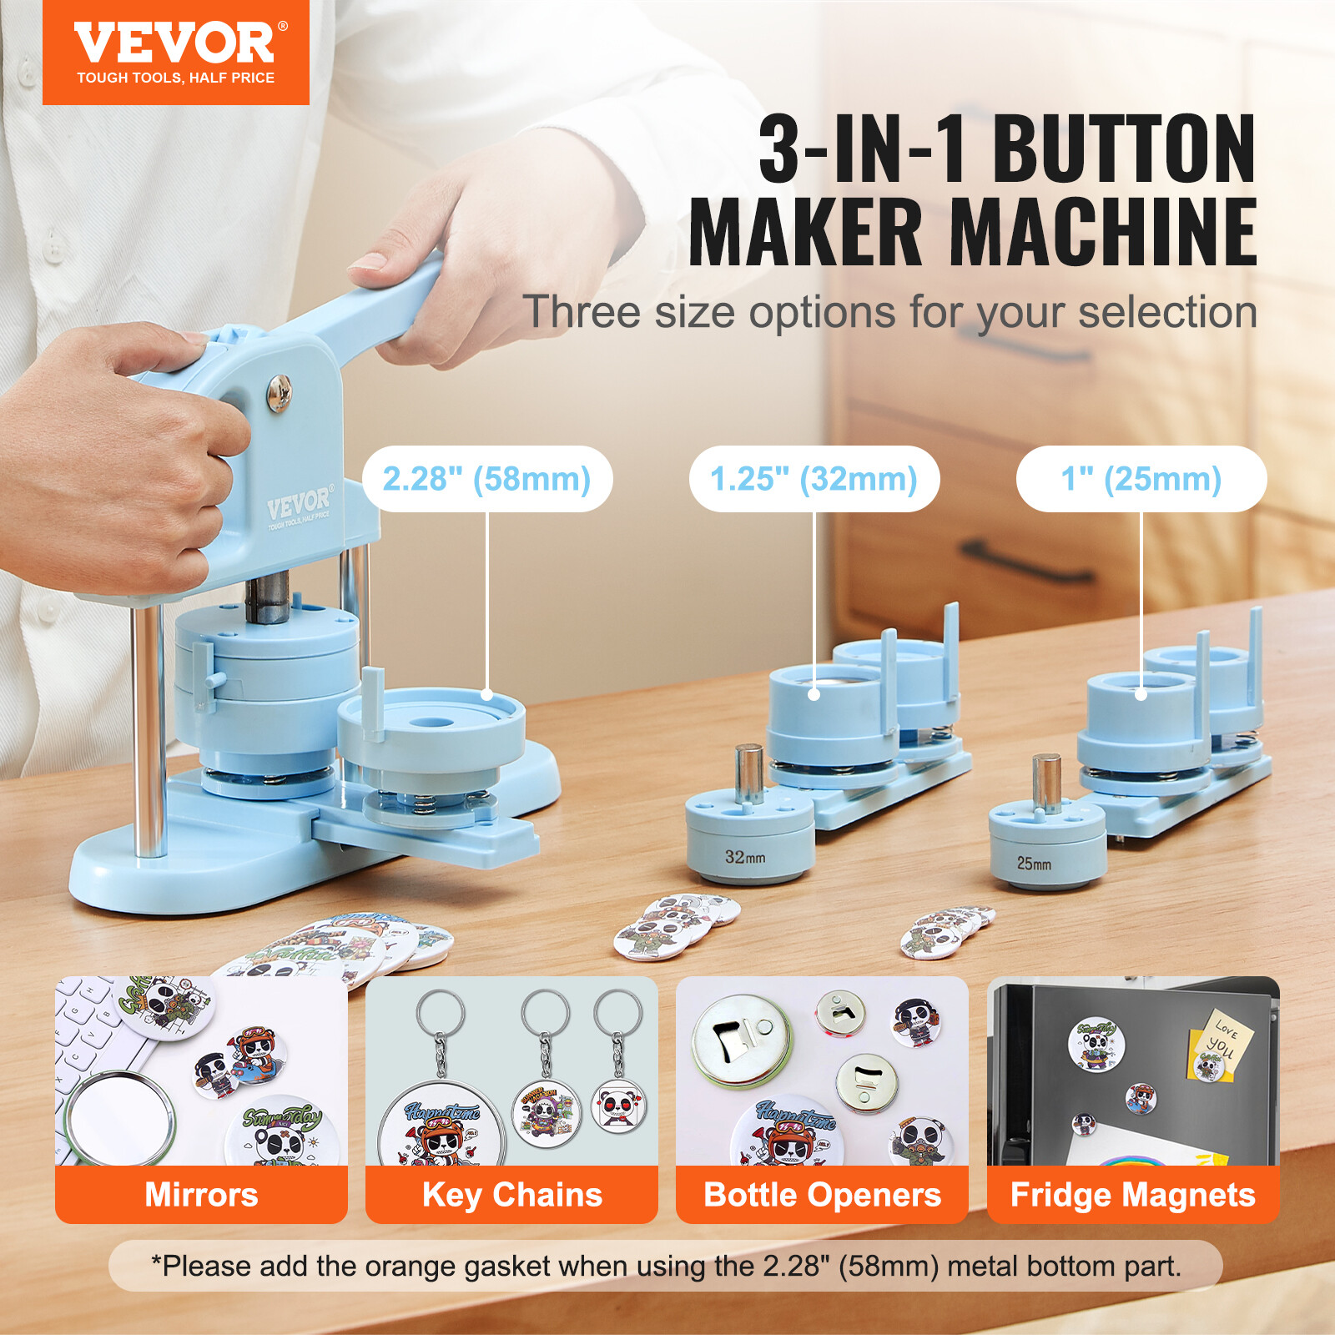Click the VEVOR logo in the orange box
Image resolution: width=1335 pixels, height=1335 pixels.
coord(175,43)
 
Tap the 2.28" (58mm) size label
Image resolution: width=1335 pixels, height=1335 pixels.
coord(486,479)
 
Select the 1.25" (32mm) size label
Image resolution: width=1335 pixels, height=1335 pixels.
coord(814,479)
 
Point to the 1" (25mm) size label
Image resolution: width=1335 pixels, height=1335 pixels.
coord(1141,479)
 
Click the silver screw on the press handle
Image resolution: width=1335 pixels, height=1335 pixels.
coord(279,392)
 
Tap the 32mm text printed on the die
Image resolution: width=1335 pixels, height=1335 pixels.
coord(744,857)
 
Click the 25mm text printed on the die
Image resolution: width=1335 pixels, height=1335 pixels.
coord(1034,864)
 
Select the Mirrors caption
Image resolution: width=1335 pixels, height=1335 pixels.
coord(201,1195)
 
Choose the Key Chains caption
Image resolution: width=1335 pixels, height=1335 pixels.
coord(511,1195)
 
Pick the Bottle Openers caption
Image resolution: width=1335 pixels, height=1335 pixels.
coord(822,1195)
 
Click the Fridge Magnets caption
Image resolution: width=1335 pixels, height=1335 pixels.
coord(1132,1195)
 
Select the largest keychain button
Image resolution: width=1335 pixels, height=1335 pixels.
coord(442,1126)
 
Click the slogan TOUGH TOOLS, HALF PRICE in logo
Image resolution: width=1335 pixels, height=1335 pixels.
coord(175,78)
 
